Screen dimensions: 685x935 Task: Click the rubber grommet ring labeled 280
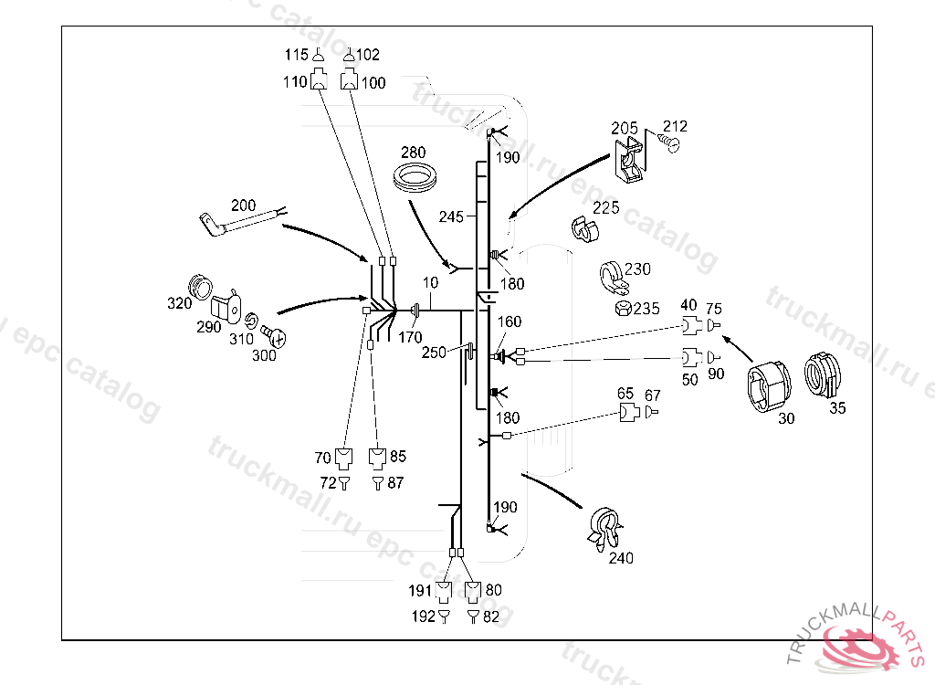[416, 175]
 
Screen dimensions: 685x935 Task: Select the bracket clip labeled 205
[629, 160]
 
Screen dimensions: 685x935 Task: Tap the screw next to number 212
[672, 144]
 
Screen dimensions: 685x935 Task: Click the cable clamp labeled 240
[605, 530]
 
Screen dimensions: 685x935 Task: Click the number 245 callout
[450, 217]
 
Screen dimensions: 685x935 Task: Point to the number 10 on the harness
[430, 283]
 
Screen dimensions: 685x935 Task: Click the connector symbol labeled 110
[318, 81]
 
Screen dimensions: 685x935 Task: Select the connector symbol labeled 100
[349, 81]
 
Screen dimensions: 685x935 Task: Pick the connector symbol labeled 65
[627, 412]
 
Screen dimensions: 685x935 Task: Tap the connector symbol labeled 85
[376, 457]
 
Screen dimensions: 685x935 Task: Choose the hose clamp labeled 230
[611, 277]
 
